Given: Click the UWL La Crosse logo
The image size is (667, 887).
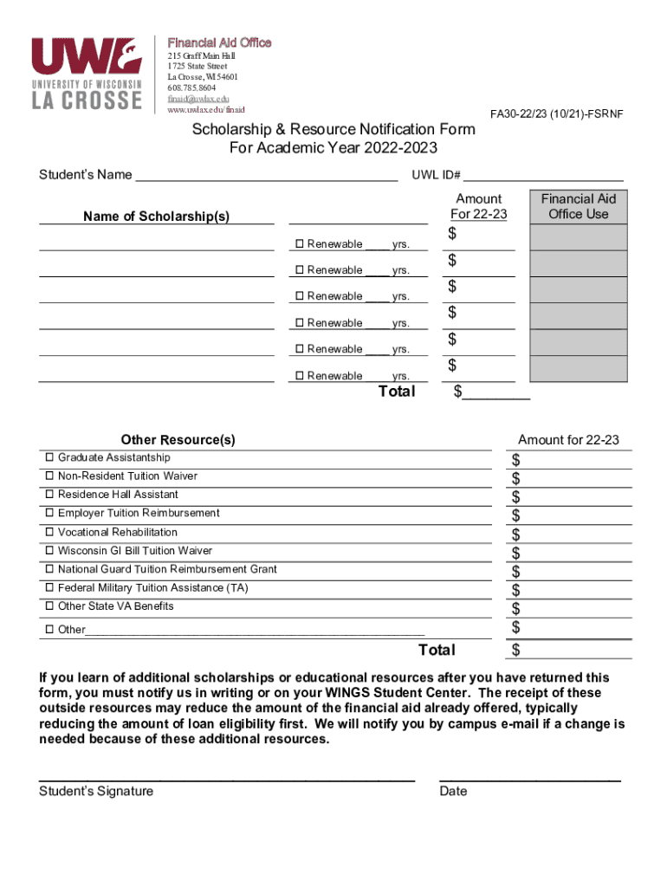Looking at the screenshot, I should pyautogui.click(x=87, y=74).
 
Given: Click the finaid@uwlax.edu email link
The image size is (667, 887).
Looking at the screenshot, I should pyautogui.click(x=198, y=99).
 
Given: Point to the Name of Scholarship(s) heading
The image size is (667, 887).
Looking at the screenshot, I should pyautogui.click(x=156, y=217).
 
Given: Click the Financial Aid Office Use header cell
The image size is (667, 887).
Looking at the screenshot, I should pyautogui.click(x=579, y=206).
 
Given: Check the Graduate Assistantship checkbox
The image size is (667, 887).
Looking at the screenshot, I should pyautogui.click(x=49, y=457).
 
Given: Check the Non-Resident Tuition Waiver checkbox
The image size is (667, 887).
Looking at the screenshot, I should pyautogui.click(x=49, y=476).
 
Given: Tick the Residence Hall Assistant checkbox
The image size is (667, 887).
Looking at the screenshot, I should pyautogui.click(x=49, y=495).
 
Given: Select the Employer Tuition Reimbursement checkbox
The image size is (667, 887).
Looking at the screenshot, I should pyautogui.click(x=49, y=514).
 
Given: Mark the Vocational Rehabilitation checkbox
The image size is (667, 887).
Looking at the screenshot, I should pyautogui.click(x=49, y=533).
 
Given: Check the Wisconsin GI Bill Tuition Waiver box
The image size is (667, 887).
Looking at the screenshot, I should pyautogui.click(x=49, y=551).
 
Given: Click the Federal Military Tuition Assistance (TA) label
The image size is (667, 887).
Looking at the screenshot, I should pyautogui.click(x=152, y=588).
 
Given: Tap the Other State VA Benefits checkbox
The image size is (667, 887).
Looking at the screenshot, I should pyautogui.click(x=49, y=606).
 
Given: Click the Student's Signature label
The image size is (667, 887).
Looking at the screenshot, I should pyautogui.click(x=96, y=791).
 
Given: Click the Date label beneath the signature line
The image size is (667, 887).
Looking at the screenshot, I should pyautogui.click(x=453, y=791).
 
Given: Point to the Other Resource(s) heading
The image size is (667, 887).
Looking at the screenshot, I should pyautogui.click(x=178, y=440).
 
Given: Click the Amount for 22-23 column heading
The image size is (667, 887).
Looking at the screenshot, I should pyautogui.click(x=568, y=440).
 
